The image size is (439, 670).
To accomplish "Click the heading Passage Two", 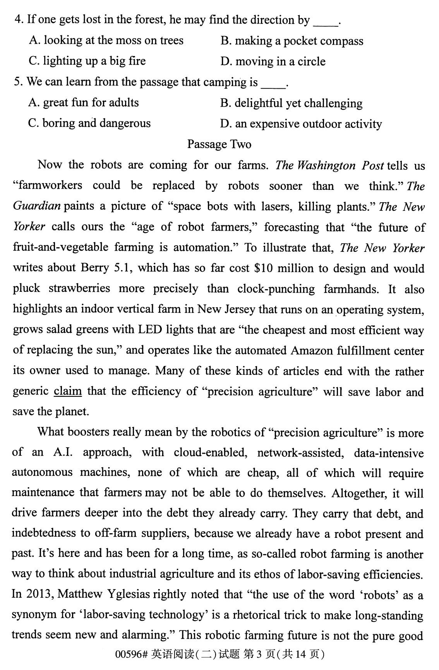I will pos(219,145).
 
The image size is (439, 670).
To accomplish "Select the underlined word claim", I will pos(68,391).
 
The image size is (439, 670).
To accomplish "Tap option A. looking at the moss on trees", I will pos(106,40).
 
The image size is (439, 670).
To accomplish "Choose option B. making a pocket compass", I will pos(292,41).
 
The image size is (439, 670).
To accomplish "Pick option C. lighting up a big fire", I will pos(87,61).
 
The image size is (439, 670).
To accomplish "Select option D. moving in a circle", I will pos(273,62).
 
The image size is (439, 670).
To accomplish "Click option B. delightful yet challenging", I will pos(291,103).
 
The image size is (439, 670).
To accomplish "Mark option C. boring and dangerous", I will pos(89,123).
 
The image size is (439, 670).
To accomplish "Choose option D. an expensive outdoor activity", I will pos(301,124).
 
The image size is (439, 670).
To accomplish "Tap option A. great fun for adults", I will pos(84,103).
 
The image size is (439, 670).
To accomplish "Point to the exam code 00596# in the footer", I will pos(131,654).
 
